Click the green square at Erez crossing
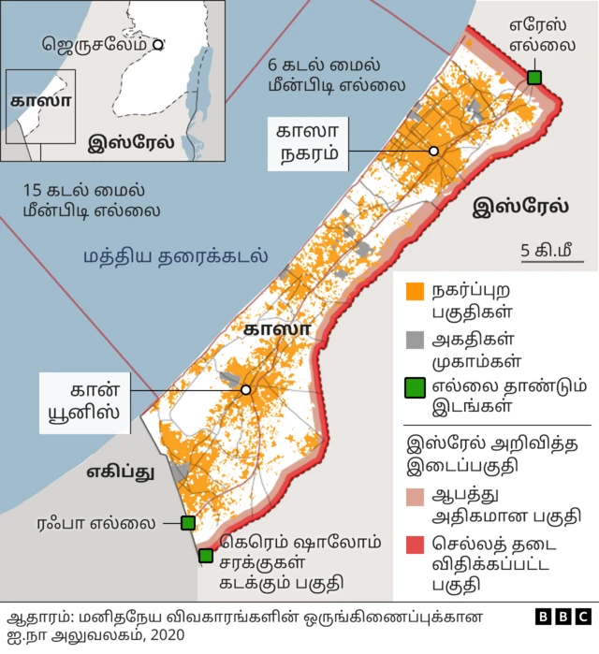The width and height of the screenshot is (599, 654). pyautogui.click(x=533, y=77)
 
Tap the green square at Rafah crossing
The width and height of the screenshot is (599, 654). pyautogui.click(x=187, y=523)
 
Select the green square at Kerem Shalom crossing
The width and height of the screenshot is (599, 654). pyautogui.click(x=206, y=556)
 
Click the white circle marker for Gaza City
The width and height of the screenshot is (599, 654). pyautogui.click(x=434, y=151)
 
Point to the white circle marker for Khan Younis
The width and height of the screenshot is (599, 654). pyautogui.click(x=245, y=389)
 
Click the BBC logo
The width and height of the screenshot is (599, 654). pyautogui.click(x=563, y=617)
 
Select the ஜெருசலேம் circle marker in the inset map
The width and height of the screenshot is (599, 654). pyautogui.click(x=158, y=43)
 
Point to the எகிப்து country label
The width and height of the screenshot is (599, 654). pyautogui.click(x=121, y=472)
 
